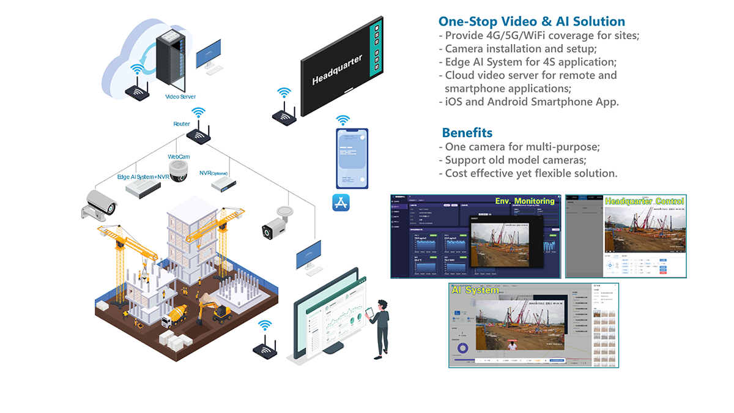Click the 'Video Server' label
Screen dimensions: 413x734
(180, 97)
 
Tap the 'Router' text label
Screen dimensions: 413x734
(182, 124)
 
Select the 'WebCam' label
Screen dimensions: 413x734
(179, 157)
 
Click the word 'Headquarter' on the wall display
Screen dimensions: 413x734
(337, 69)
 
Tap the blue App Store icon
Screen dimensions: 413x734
(341, 203)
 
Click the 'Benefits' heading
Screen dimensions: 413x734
(467, 132)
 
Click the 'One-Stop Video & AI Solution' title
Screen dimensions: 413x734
(532, 21)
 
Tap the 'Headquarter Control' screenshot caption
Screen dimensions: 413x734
(643, 201)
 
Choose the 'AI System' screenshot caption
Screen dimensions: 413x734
(475, 290)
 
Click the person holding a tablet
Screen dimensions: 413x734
(380, 327)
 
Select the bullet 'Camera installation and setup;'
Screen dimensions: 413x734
(517, 48)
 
